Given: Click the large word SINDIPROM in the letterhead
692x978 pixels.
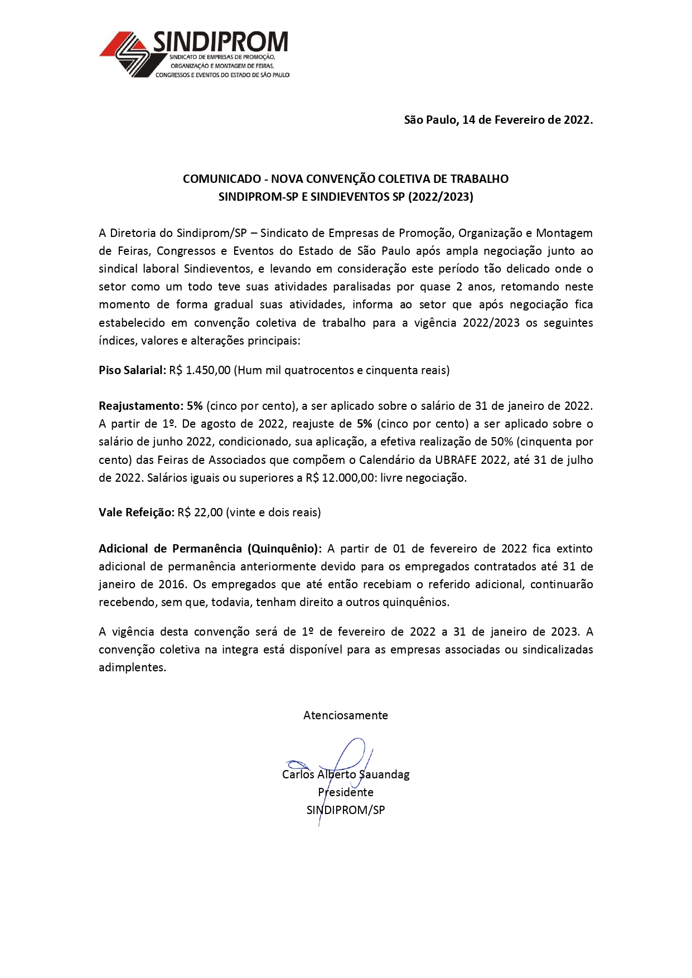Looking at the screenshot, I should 221,42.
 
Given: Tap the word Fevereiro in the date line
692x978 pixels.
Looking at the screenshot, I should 519,120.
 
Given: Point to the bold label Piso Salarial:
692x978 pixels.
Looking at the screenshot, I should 132,370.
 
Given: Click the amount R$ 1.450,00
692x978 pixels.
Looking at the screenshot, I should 200,370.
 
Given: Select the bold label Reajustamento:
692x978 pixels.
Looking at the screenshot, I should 141,406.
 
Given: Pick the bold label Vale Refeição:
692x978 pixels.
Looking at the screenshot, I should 137,512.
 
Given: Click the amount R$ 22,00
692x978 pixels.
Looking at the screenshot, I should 200,512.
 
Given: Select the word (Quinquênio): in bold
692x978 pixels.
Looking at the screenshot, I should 284,549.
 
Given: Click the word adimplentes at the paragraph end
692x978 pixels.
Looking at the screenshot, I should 132,667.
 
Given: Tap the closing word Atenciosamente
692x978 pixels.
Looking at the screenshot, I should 346,715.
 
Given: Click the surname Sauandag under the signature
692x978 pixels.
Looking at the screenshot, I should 384,774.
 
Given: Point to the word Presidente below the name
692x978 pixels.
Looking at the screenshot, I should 346,792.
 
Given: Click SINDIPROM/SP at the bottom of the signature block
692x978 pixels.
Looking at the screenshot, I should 346,810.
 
